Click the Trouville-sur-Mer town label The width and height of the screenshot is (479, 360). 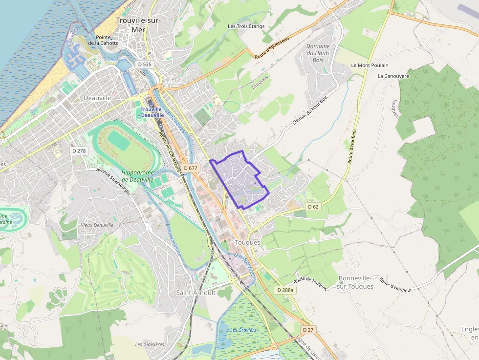(138, 24)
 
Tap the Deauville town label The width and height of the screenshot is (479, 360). (97, 98)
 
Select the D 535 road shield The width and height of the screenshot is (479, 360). (145, 64)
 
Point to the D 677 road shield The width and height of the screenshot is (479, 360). (191, 168)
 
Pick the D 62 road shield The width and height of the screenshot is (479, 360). (313, 207)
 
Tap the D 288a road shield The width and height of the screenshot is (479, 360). (285, 290)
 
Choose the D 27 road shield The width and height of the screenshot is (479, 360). (307, 330)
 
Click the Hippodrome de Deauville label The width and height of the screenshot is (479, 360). (137, 176)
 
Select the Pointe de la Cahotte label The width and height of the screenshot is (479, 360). (103, 40)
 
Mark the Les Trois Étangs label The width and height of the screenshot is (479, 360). (246, 26)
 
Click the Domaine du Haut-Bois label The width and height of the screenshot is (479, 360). (318, 53)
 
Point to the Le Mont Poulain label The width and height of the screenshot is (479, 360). (370, 65)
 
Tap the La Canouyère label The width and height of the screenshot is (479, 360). (393, 76)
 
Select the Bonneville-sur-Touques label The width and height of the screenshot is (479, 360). (355, 282)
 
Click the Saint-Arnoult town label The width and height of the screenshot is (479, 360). (196, 293)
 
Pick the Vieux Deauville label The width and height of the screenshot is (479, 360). (97, 225)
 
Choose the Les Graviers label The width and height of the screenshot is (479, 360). (243, 330)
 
